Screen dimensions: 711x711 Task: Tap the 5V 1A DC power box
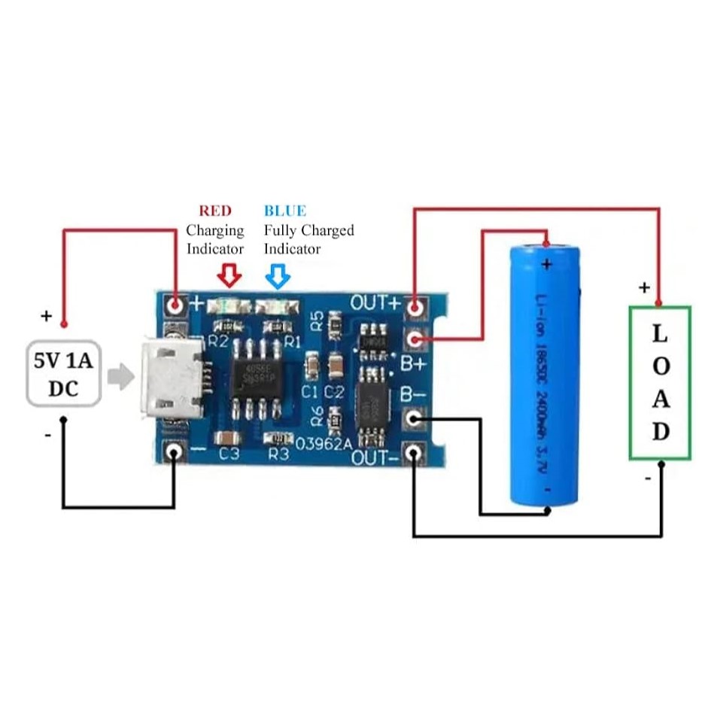pyautogui.click(x=64, y=374)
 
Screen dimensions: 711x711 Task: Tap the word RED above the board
pyautogui.click(x=215, y=211)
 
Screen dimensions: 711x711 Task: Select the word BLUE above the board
pyautogui.click(x=284, y=211)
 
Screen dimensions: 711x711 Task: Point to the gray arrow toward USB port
pyautogui.click(x=119, y=376)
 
